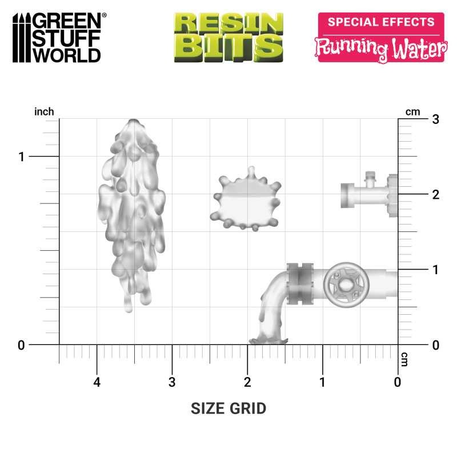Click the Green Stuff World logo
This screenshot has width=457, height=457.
click(x=59, y=38)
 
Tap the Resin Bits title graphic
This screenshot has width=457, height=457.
click(x=228, y=37)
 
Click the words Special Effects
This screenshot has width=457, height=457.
click(x=381, y=22)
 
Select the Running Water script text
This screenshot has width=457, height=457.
click(x=381, y=49)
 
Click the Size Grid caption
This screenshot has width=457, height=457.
click(x=228, y=408)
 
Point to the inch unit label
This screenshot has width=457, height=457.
click(x=44, y=111)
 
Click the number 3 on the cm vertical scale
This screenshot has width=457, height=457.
click(x=436, y=119)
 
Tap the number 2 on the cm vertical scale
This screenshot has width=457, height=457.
click(x=436, y=195)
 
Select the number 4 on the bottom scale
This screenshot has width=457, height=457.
click(x=97, y=382)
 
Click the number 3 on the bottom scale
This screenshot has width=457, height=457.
click(x=172, y=382)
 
